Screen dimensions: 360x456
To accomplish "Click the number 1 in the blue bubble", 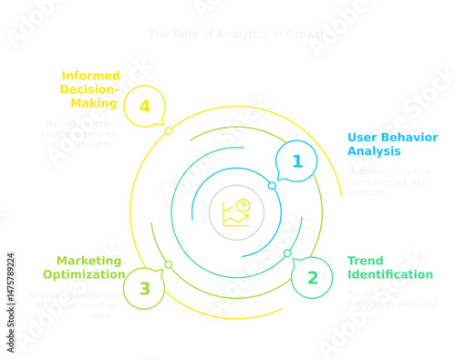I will pos(296,162).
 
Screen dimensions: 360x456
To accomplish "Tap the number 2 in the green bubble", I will pos(313,278).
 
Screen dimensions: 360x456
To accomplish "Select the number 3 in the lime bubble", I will pos(144,289).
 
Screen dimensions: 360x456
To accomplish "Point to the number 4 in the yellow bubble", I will pos(144,107).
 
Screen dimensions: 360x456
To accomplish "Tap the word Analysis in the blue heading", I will pos(375,151).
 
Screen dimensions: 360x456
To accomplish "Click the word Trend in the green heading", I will pos(366,261).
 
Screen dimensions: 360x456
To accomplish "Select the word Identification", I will pos(390,274).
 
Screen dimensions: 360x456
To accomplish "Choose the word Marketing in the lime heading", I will pos(88,261).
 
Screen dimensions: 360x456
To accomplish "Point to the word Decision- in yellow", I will pos(89,89).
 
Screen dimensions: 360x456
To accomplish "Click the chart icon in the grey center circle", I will pos(236,213).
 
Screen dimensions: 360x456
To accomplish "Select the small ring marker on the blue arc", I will pos(272,185).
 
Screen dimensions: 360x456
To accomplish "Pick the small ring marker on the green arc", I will pos(287,252).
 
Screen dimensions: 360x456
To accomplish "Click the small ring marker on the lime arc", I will pos(169,264).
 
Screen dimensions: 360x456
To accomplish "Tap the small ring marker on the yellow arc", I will pos(169,131).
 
